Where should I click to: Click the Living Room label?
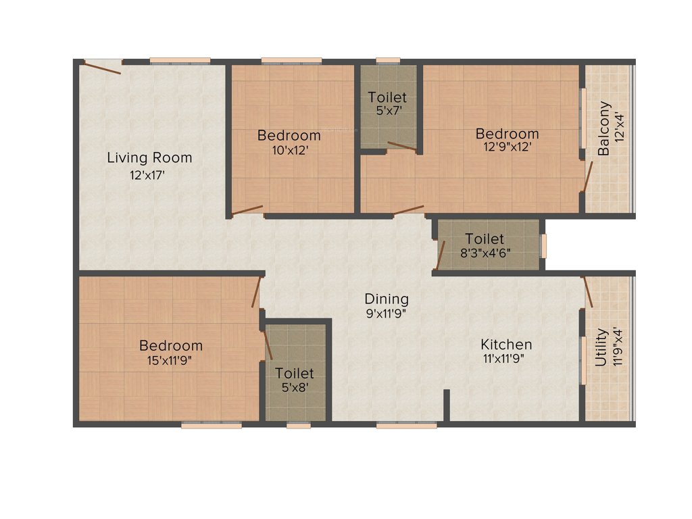point(149,158)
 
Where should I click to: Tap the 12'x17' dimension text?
point(147,175)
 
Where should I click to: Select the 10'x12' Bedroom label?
point(289,135)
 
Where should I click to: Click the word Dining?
point(387,299)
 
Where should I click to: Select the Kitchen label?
point(506,345)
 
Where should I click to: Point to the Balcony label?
point(604,128)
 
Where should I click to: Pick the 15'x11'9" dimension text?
point(170,360)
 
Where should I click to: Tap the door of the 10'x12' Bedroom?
point(247,211)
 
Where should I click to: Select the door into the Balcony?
point(588,176)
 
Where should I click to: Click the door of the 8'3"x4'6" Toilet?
point(441,254)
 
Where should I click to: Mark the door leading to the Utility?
point(587,292)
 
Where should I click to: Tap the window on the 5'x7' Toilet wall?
point(387,61)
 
